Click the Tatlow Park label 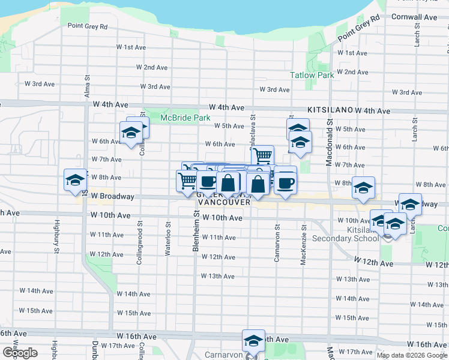(312, 76)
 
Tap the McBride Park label (185, 118)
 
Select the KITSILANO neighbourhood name (329, 111)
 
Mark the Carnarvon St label (277, 242)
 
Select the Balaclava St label (252, 132)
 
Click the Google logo (20, 353)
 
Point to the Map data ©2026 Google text (411, 355)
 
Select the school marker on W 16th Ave (254, 341)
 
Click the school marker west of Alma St (76, 179)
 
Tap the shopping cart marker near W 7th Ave (262, 156)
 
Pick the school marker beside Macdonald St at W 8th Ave (363, 188)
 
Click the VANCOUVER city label (223, 202)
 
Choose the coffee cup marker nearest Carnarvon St (285, 182)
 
